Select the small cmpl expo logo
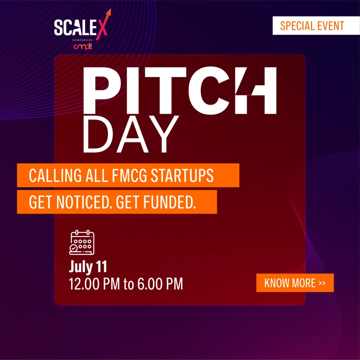83,47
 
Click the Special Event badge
316,25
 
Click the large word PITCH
180,90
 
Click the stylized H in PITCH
256,90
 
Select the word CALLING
55,175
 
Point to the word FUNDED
169,202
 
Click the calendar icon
82,243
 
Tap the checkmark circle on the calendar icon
73,249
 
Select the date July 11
88,266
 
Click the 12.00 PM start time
94,284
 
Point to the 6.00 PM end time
160,284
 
